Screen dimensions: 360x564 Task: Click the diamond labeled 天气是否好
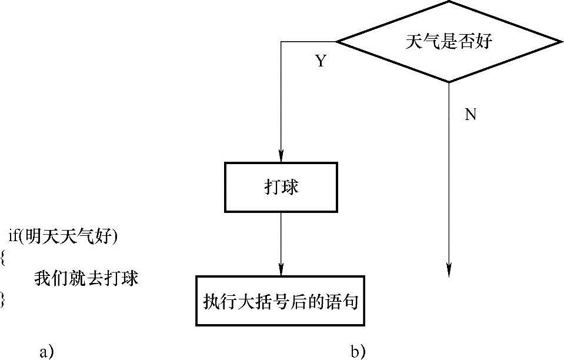point(449,42)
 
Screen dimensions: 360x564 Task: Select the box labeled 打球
point(281,187)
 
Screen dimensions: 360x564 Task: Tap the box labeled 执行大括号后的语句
point(281,300)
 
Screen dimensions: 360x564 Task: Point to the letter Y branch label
point(321,62)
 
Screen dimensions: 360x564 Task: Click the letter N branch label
point(470,115)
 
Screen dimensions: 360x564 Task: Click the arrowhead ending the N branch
point(449,271)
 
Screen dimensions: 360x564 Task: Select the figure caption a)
point(46,352)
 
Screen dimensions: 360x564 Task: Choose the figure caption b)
point(358,352)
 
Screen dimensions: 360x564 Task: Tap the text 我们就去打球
point(86,278)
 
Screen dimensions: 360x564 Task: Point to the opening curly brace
point(3,257)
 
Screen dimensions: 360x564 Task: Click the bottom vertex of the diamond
point(449,82)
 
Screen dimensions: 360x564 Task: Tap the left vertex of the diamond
point(336,42)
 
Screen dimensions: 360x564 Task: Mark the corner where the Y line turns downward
point(282,42)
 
